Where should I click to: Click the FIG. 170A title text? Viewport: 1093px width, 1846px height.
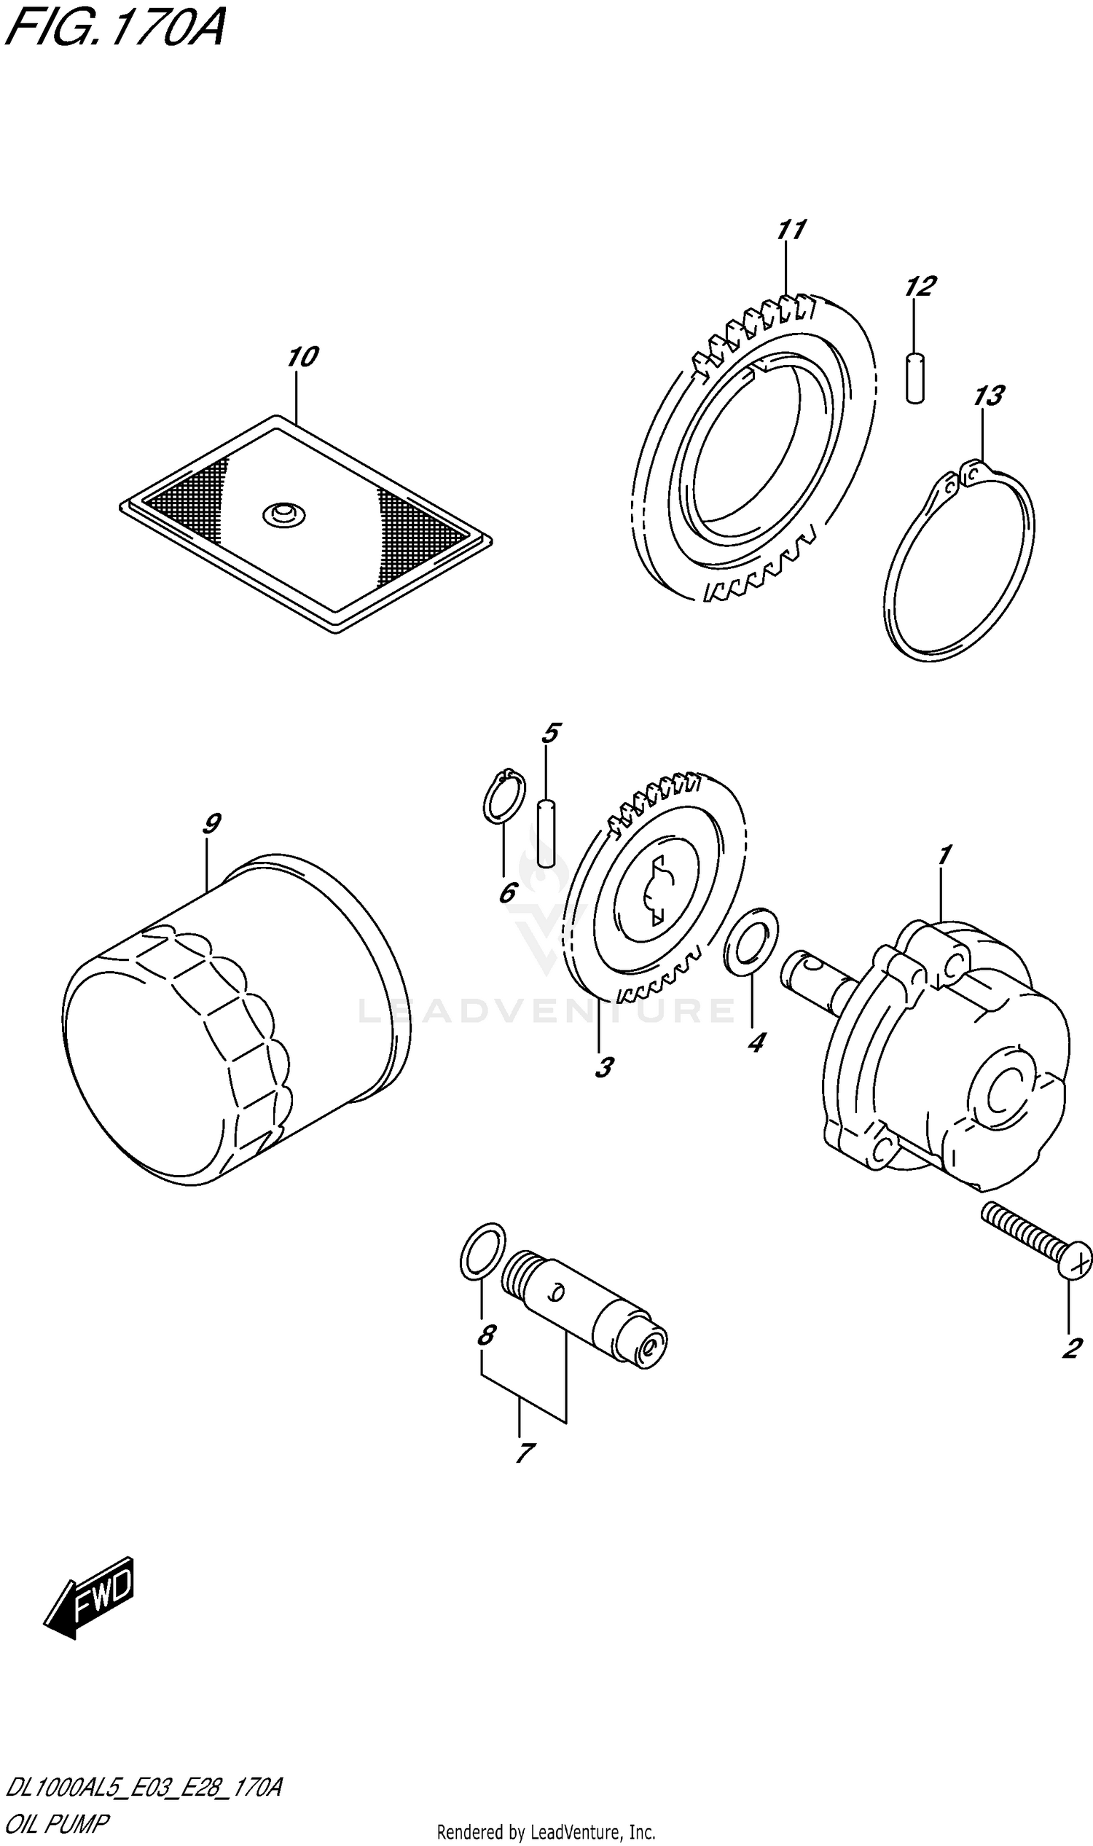coord(114,29)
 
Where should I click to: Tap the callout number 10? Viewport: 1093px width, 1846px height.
coord(302,357)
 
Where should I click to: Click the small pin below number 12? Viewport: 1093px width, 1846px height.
coord(914,379)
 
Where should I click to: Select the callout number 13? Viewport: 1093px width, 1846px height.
coord(988,396)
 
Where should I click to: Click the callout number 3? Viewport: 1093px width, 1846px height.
coord(604,1068)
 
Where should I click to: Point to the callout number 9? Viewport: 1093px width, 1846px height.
coord(211,823)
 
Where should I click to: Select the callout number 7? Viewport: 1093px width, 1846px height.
coord(524,1453)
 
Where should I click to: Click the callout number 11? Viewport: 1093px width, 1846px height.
coord(791,229)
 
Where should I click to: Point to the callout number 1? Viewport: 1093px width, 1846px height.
coord(944,855)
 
